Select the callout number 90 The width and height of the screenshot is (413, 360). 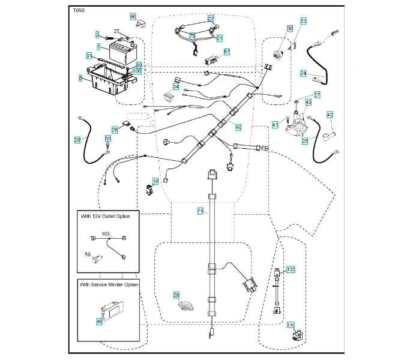133,17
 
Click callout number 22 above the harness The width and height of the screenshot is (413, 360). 211,19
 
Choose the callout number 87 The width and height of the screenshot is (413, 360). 227,52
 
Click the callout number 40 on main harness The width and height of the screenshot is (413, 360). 238,127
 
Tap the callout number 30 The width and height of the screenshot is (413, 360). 290,29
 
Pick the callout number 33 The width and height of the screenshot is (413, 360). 303,21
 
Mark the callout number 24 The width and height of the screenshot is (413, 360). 303,73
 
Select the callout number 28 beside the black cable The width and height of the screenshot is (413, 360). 77,140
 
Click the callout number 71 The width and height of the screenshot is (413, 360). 200,211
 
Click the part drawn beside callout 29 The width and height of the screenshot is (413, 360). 187,305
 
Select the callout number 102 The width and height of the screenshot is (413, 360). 291,270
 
